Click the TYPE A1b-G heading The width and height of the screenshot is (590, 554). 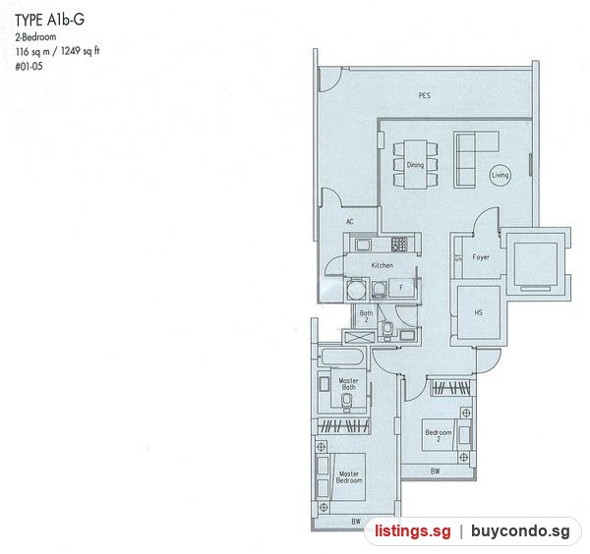click(x=49, y=20)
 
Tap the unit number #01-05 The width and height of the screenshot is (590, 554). click(x=29, y=67)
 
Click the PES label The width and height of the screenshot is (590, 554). click(x=425, y=95)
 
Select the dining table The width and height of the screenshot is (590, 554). click(x=415, y=165)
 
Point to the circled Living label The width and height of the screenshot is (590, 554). click(x=501, y=175)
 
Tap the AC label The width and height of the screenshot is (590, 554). click(x=349, y=221)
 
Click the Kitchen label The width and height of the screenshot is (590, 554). click(x=382, y=265)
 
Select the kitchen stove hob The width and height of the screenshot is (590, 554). click(x=399, y=245)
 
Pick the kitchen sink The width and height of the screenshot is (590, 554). click(x=363, y=245)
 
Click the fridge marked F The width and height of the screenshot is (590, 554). click(x=401, y=288)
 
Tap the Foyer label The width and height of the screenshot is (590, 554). click(x=481, y=257)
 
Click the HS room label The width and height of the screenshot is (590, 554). click(x=478, y=312)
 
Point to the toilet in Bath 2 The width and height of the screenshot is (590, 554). click(x=386, y=330)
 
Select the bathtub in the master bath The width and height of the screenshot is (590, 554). click(x=343, y=357)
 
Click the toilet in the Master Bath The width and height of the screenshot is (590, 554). click(x=346, y=401)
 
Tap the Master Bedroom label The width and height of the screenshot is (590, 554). click(x=349, y=477)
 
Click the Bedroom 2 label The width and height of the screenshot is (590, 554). click(x=439, y=435)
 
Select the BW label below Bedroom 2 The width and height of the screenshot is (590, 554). click(x=435, y=471)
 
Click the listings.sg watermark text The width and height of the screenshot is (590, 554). click(x=412, y=531)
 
